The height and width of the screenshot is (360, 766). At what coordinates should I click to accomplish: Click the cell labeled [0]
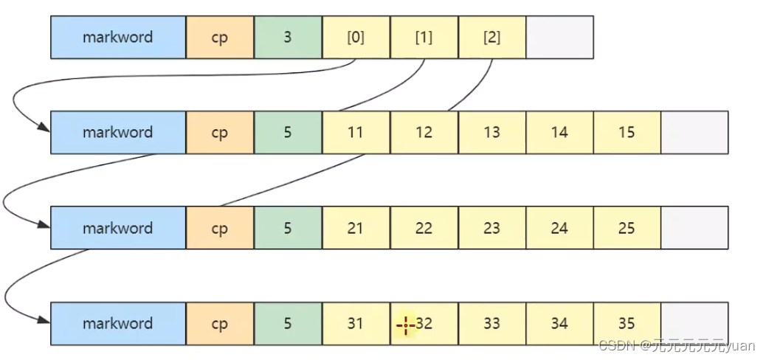(356, 37)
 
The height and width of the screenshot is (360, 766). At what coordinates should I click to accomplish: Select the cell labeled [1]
(424, 37)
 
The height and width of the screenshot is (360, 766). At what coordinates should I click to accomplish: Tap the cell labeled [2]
(491, 37)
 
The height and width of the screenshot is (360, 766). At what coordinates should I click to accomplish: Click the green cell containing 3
(288, 37)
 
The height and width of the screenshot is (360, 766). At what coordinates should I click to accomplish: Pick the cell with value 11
(356, 132)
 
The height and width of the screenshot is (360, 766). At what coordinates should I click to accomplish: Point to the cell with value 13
(491, 132)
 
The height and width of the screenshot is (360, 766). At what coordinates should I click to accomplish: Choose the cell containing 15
(627, 132)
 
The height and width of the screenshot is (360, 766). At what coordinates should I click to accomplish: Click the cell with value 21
(356, 228)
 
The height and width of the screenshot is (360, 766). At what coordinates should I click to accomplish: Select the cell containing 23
(491, 228)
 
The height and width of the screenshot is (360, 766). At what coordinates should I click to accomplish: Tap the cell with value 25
(627, 228)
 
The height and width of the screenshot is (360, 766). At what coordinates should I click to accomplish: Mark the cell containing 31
(356, 323)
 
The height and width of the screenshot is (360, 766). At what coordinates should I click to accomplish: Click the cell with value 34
(559, 323)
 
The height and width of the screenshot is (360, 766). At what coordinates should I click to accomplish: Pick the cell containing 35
(627, 323)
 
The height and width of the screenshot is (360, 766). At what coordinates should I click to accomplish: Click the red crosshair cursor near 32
(406, 325)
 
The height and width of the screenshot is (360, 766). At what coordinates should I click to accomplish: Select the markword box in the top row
(118, 37)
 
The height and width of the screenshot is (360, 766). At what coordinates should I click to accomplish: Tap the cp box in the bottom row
(220, 323)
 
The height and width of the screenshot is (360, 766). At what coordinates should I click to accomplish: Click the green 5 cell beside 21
(288, 228)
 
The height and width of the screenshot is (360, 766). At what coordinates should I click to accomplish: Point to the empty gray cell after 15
(694, 132)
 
